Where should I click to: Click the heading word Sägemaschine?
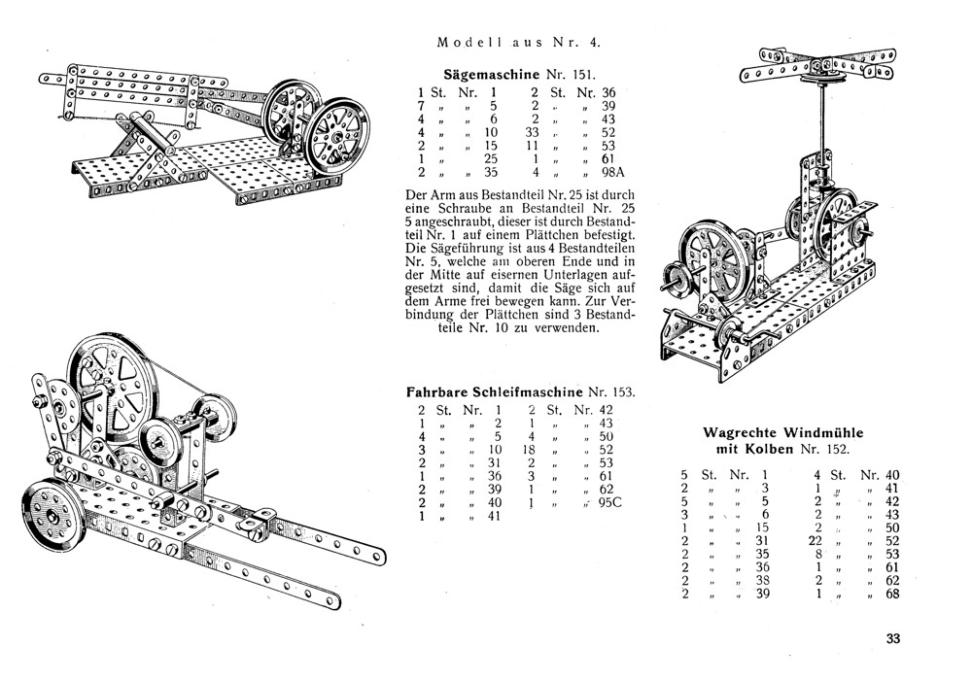[485, 74]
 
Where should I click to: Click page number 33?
[893, 639]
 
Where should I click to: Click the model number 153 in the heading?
[623, 393]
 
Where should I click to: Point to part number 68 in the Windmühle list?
[893, 595]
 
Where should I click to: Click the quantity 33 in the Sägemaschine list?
[531, 132]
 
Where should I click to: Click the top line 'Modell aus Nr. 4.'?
[525, 42]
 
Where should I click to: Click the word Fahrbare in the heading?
[438, 393]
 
